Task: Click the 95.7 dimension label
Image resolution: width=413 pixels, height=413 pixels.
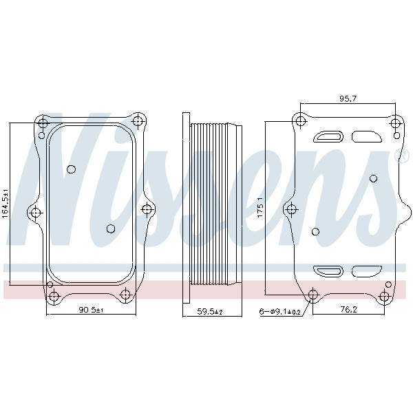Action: click(x=348, y=98)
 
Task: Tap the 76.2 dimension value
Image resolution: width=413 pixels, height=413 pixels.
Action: click(x=348, y=310)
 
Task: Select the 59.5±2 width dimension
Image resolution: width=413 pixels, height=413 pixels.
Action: click(x=210, y=312)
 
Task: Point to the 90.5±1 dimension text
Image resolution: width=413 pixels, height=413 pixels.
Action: click(x=92, y=310)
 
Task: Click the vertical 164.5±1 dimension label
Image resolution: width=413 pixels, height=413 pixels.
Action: click(x=6, y=204)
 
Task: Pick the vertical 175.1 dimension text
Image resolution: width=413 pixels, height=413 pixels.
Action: click(x=260, y=207)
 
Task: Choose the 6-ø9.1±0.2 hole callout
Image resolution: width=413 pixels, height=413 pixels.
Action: click(x=279, y=312)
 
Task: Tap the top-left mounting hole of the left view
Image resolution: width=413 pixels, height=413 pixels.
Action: click(x=43, y=123)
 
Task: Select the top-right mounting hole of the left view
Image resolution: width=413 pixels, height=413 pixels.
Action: click(x=138, y=121)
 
